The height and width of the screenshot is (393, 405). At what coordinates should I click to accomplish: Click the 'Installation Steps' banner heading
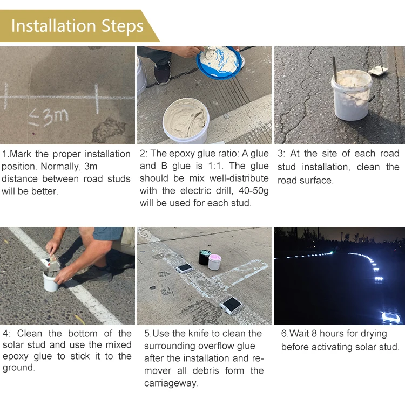(77, 26)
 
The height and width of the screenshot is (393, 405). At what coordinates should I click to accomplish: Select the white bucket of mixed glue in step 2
(186, 120)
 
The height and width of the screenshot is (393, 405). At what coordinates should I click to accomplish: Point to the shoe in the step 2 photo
(162, 72)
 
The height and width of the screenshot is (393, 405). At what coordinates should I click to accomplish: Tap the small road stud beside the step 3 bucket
(379, 70)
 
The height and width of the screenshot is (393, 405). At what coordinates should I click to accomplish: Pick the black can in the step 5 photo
(205, 257)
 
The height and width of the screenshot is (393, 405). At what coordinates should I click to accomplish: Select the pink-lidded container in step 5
(214, 262)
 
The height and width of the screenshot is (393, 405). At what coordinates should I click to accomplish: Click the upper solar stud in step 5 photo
(185, 267)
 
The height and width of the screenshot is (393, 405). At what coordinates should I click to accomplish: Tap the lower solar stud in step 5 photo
(231, 305)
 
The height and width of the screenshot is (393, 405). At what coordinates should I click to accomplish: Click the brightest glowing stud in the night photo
(390, 317)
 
